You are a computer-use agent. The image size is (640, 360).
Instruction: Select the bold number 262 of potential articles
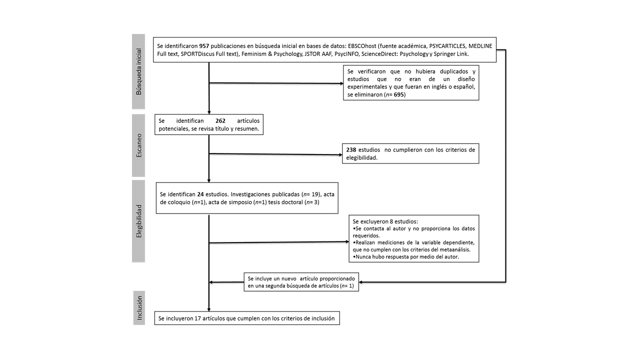pyautogui.click(x=220, y=121)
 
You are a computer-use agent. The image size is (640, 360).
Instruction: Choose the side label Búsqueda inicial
pyautogui.click(x=138, y=71)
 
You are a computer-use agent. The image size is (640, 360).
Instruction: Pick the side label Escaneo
pyautogui.click(x=138, y=145)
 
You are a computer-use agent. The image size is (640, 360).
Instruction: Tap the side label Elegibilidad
pyautogui.click(x=138, y=220)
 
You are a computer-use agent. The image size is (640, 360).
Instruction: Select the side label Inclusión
pyautogui.click(x=139, y=307)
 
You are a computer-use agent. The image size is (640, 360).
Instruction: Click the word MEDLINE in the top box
pyautogui.click(x=480, y=46)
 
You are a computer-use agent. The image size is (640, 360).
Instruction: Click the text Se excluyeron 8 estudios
pyautogui.click(x=385, y=221)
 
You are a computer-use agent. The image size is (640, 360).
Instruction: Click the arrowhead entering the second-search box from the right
pyautogui.click(x=362, y=282)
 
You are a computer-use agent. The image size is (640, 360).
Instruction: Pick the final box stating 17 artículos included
pyautogui.click(x=247, y=318)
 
